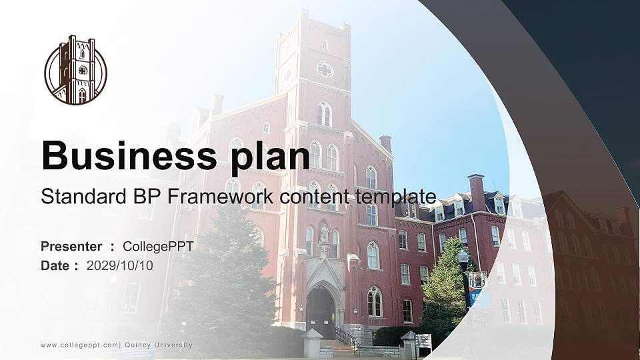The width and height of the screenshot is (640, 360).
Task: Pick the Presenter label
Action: tap(71, 247)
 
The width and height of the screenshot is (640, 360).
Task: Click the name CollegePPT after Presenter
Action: tap(158, 247)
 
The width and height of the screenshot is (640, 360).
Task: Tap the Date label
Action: tap(55, 265)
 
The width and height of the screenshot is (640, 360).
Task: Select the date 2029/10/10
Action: tap(119, 265)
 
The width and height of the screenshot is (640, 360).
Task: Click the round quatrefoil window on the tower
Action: tap(325, 69)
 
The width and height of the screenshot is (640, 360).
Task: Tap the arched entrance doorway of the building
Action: tap(321, 311)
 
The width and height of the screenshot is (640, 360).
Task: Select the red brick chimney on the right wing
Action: tap(476, 192)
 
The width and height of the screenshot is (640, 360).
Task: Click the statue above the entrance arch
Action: tap(324, 235)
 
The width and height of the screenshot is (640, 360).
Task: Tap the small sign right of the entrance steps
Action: tap(423, 341)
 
